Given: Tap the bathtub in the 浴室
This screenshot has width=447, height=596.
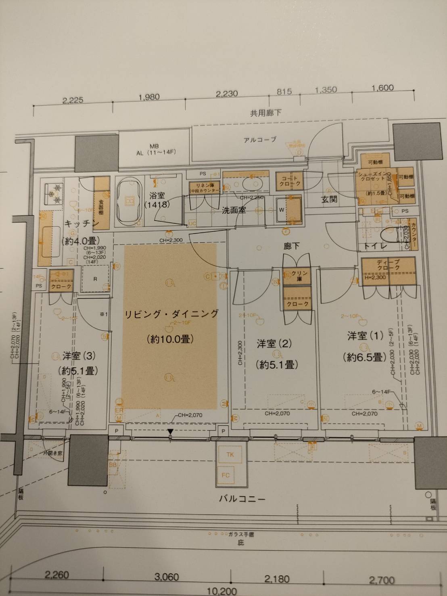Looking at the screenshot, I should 130,201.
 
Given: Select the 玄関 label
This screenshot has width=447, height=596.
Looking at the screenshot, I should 329,199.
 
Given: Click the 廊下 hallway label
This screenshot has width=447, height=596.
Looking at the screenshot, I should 291,246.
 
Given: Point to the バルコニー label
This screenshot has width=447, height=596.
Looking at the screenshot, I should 242,499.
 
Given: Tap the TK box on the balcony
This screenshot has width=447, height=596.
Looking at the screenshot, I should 230,454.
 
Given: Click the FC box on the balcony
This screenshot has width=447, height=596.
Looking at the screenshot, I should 226,475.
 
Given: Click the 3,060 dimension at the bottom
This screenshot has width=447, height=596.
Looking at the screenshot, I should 167,577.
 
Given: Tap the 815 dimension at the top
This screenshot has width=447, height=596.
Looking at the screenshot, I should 284,92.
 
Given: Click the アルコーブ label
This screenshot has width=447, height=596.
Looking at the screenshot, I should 260,140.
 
